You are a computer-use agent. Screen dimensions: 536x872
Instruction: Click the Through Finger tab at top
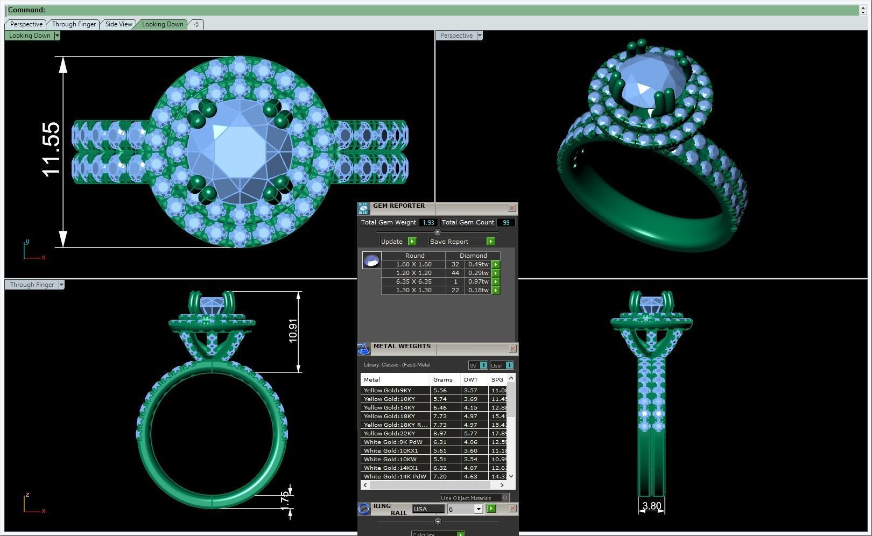pos(74,24)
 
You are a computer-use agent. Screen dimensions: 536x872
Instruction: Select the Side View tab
pos(118,24)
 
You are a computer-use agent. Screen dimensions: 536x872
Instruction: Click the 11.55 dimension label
pos(52,150)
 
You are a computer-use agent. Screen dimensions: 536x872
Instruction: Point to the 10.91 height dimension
pos(293,330)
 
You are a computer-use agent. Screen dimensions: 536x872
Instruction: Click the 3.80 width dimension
pos(651,506)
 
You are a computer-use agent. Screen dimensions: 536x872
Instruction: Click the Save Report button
pos(449,242)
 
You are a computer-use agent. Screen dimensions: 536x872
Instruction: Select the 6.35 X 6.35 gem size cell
pos(413,281)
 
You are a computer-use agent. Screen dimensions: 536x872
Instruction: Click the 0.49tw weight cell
pos(478,264)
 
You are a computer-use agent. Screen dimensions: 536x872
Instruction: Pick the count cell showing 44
pos(455,273)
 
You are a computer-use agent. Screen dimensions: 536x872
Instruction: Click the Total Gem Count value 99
pos(505,222)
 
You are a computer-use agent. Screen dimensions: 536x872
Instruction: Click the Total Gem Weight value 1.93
pos(428,222)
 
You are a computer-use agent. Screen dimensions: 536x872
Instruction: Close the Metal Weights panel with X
pos(512,349)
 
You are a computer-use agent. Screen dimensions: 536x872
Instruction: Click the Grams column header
pos(443,379)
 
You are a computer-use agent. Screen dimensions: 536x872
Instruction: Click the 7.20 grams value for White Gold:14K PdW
pos(440,476)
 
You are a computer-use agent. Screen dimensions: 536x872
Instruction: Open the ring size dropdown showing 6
pos(477,509)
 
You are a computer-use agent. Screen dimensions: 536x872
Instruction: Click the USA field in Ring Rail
pos(428,509)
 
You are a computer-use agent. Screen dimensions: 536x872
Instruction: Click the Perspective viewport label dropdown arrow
pos(480,36)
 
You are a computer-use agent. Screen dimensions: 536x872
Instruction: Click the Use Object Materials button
pos(466,498)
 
